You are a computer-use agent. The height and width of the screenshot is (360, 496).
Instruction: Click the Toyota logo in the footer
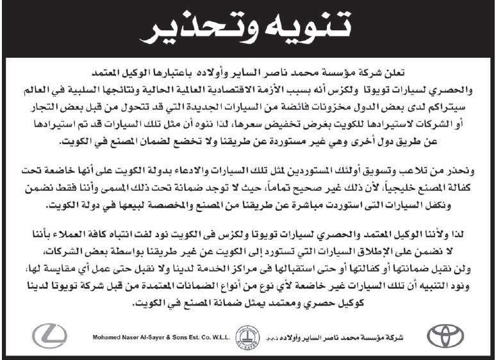(x=443, y=335)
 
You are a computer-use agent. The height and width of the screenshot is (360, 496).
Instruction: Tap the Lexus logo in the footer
(x=48, y=335)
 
